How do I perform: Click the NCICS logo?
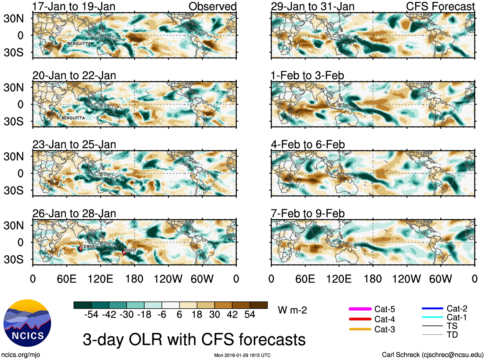27,323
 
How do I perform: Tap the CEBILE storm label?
88,246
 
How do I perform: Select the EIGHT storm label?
130,250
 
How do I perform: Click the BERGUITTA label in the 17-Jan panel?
79,44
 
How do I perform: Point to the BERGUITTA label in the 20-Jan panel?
73,118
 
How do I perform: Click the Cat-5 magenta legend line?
360,309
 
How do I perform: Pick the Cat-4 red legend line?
360,319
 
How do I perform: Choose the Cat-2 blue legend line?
432,309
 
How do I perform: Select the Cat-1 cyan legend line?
432,317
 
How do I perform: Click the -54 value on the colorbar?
91,314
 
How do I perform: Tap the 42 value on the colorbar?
232,314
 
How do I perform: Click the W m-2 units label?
292,310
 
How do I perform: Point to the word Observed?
212,6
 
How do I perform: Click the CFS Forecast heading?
440,6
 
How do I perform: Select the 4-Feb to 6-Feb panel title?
308,145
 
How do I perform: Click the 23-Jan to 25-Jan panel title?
74,145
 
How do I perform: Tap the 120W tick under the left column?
168,279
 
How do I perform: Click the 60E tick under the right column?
305,279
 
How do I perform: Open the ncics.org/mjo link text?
21,355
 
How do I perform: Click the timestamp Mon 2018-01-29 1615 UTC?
242,355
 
